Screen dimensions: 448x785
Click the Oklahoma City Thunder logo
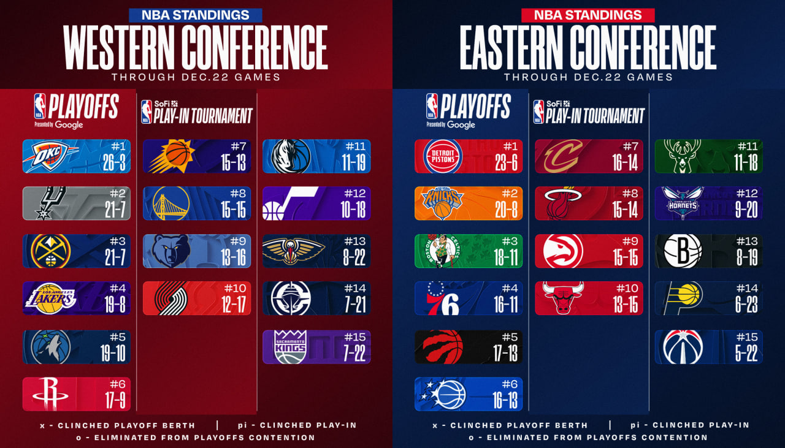pos(50,156)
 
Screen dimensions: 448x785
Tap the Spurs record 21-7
pos(115,210)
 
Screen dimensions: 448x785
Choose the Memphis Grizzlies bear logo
pos(172,251)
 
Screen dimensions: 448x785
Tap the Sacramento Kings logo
pos(290,347)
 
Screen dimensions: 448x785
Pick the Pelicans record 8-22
pos(354,257)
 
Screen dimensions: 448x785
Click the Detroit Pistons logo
pos(443,156)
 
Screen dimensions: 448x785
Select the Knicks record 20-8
pos(507,210)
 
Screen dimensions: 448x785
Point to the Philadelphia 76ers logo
pos(443,298)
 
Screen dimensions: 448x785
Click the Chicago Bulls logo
pos(563,298)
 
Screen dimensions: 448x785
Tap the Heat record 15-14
pos(627,210)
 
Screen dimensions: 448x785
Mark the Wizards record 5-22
pos(746,353)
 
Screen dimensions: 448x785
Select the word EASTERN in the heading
pos(516,48)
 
